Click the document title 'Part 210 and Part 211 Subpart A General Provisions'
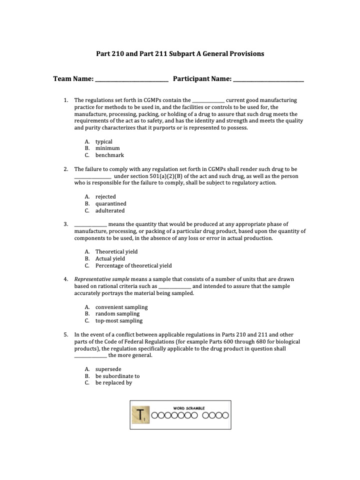tap(180, 53)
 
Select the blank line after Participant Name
tap(268, 79)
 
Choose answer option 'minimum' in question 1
tap(107, 148)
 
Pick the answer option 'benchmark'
tap(109, 155)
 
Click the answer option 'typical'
tap(104, 141)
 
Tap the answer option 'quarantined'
tap(111, 203)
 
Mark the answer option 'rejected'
tap(105, 196)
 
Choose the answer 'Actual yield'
tap(110, 258)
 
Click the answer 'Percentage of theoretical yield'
tap(133, 265)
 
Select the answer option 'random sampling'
tap(117, 313)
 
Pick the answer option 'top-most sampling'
tap(119, 320)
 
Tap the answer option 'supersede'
tap(108, 369)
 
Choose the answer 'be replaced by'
tap(113, 383)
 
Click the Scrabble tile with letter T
tap(140, 415)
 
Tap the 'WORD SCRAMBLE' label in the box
tap(189, 408)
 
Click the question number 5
tap(65, 334)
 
